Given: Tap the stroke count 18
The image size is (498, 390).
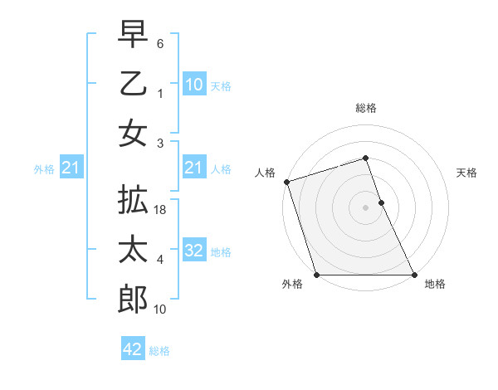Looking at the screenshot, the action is [161, 212].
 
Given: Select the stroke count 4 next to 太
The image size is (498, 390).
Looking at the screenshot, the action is [160, 260].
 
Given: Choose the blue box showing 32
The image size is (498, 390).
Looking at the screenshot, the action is [193, 251].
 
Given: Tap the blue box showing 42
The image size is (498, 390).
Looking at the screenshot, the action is [132, 349].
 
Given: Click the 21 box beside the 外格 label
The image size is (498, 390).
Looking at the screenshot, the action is [71, 168].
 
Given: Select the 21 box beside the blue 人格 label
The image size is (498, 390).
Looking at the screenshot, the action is [193, 168].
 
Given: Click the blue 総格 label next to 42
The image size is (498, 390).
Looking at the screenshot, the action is [159, 351].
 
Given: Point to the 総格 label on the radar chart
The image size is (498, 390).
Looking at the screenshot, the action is [366, 108].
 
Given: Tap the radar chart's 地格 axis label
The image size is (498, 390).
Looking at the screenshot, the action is [434, 284].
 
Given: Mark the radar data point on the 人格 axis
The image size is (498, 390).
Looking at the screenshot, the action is [286, 182].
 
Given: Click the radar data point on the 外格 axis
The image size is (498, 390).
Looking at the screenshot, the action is [316, 275].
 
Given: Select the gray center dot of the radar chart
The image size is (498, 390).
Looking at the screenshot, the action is [366, 207].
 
